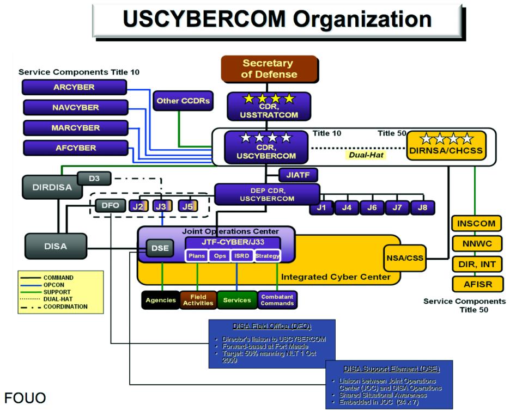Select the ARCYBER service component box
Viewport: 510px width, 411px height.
[75, 88]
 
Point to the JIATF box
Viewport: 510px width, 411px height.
[298, 175]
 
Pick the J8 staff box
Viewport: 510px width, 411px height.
[422, 207]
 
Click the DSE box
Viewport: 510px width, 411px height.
[159, 249]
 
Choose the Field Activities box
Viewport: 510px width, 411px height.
[198, 300]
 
